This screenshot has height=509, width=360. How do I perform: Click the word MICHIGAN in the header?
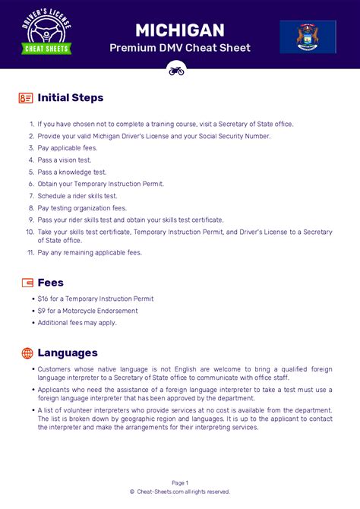(179, 30)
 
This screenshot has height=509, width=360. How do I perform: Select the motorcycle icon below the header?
(176, 70)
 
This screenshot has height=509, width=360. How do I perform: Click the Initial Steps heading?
(71, 98)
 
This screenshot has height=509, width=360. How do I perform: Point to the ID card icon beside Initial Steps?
(27, 98)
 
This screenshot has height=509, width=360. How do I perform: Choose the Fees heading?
(51, 283)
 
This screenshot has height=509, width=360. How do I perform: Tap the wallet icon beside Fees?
(27, 283)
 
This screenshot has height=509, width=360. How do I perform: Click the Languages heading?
(68, 353)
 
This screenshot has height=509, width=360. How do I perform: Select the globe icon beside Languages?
(27, 353)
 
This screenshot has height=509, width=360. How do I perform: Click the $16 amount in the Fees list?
(43, 299)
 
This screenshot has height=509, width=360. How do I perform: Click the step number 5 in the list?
(31, 172)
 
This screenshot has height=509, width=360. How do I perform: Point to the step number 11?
(30, 252)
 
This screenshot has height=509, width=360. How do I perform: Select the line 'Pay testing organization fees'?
(82, 207)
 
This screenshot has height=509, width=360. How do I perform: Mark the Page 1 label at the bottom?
(180, 482)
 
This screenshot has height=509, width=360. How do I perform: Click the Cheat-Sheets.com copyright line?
(180, 492)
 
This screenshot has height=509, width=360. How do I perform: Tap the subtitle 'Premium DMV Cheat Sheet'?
(179, 48)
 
